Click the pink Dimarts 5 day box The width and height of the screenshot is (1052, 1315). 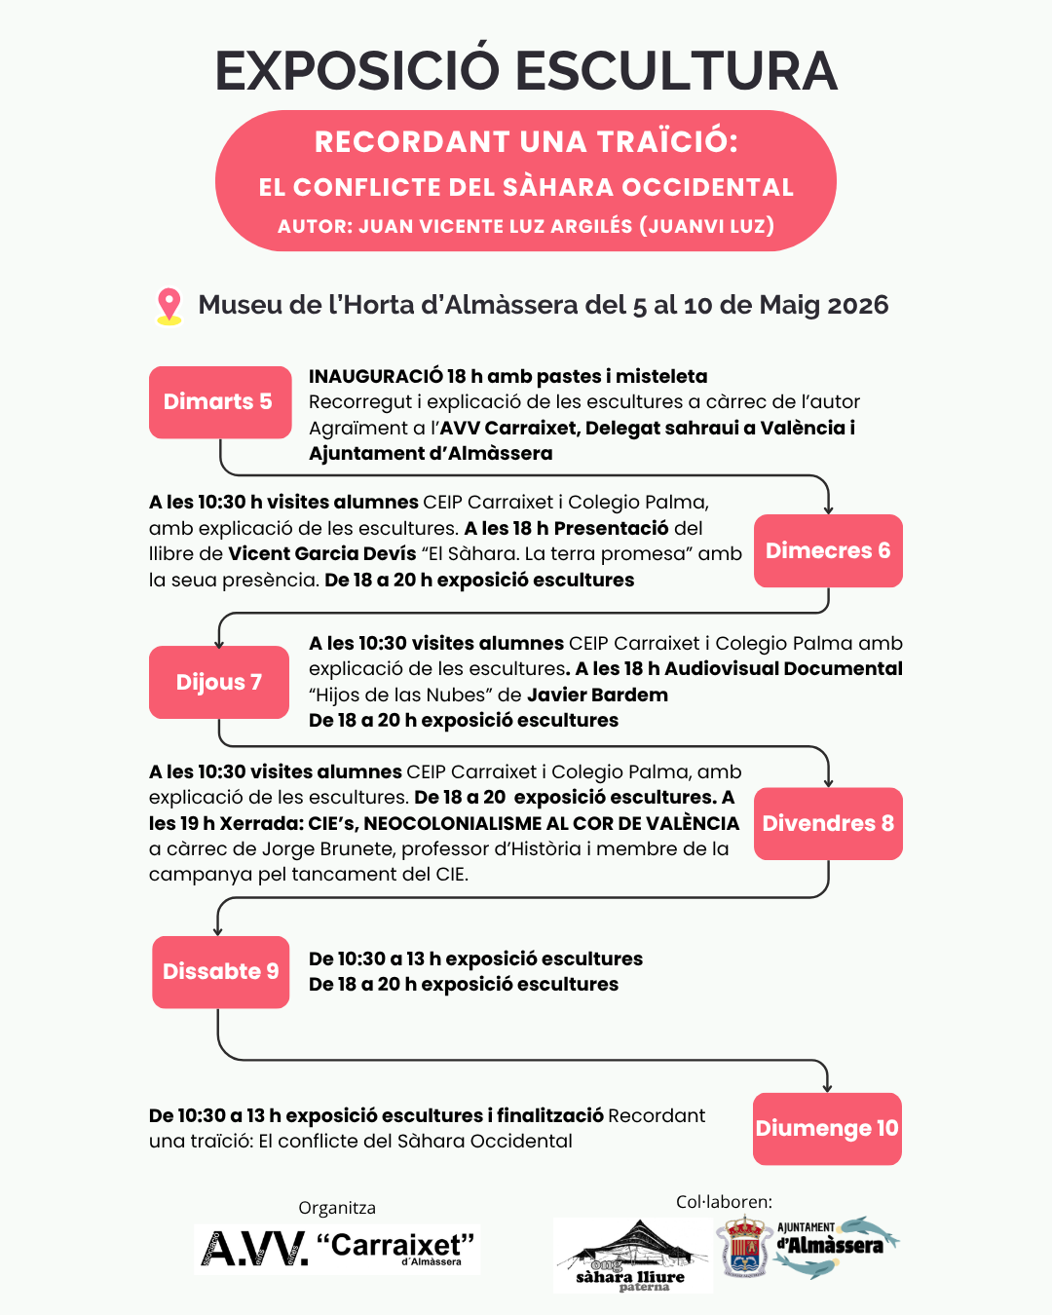(x=220, y=402)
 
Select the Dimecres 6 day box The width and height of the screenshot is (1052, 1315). (x=828, y=551)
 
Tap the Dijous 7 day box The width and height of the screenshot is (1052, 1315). (x=219, y=682)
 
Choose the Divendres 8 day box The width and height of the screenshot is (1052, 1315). (x=828, y=824)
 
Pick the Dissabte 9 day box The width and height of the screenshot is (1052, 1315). (x=220, y=972)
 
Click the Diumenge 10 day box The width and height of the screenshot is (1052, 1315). (x=827, y=1129)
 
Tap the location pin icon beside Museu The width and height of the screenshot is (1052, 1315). (x=169, y=306)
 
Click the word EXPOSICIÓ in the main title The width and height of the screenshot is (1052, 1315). (x=357, y=71)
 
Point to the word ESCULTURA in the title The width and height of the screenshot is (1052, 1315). (x=676, y=71)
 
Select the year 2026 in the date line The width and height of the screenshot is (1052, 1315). (x=857, y=305)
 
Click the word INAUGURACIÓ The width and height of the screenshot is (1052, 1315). (x=376, y=376)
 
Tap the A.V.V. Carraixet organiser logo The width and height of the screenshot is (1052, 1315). (x=337, y=1250)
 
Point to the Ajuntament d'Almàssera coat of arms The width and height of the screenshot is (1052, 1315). (x=745, y=1247)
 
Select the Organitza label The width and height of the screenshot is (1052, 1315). (x=337, y=1208)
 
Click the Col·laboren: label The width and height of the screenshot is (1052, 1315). (x=724, y=1202)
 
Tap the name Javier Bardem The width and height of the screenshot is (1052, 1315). (x=597, y=695)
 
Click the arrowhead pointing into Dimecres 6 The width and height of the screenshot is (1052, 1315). (x=828, y=507)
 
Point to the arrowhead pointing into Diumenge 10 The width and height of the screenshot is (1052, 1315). (x=827, y=1086)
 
